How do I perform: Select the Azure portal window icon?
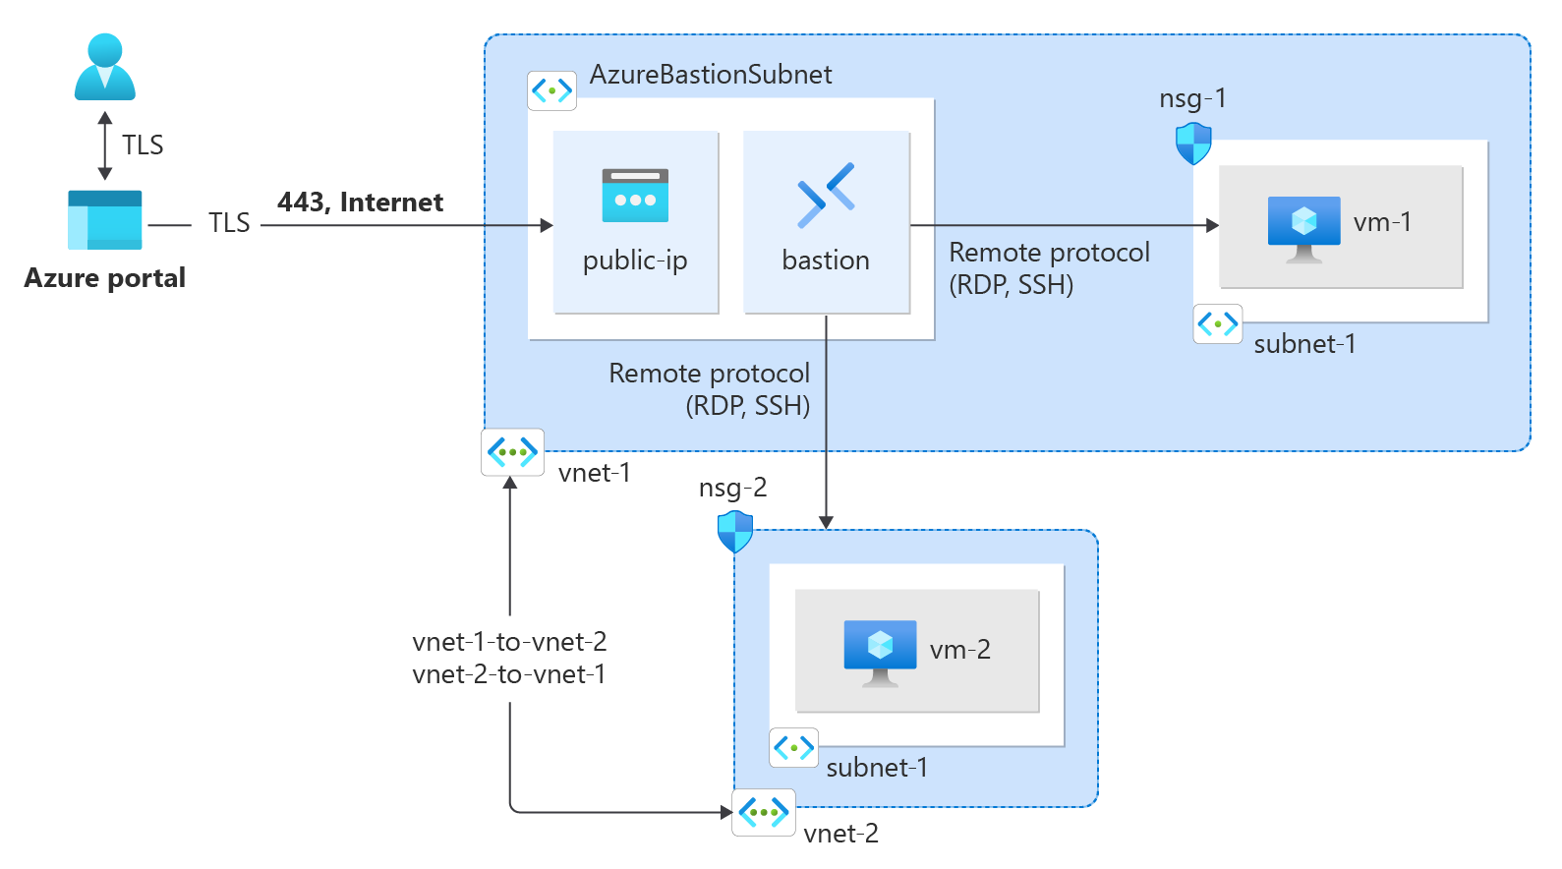click(x=105, y=220)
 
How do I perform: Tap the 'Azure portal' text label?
click(x=104, y=278)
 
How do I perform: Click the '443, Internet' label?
click(x=360, y=203)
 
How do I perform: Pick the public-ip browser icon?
click(x=635, y=196)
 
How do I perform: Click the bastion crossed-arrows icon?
click(x=826, y=195)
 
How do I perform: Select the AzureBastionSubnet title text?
click(x=710, y=75)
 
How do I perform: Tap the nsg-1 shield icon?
click(x=1193, y=144)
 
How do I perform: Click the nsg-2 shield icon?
click(x=735, y=532)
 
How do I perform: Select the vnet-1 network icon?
click(x=512, y=452)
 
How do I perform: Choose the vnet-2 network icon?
click(x=764, y=813)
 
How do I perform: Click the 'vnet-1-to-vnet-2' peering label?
click(x=509, y=642)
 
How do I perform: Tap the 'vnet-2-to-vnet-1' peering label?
click(x=509, y=674)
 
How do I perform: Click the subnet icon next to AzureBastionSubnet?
click(x=551, y=90)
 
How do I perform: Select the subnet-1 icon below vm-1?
click(x=1217, y=323)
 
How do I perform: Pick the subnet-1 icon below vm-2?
click(x=793, y=748)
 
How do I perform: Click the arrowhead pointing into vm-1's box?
click(x=1212, y=225)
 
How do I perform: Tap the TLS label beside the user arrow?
click(x=143, y=145)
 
